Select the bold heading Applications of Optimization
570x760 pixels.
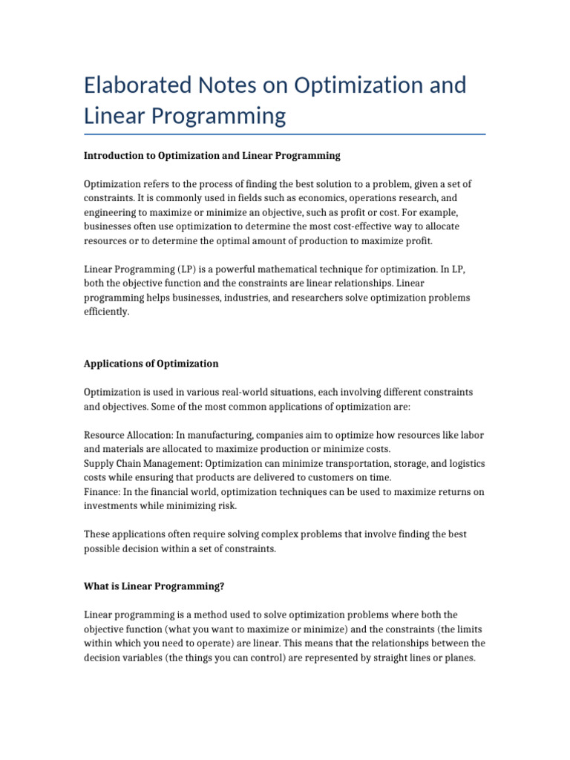[151, 364]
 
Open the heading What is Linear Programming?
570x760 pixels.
[154, 586]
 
